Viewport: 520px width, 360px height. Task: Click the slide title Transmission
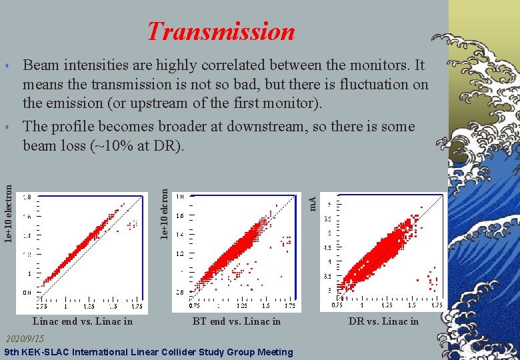221,31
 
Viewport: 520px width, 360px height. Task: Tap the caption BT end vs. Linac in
237,321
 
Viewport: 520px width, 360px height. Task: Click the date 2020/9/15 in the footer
24,339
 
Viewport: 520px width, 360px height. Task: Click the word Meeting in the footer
273,352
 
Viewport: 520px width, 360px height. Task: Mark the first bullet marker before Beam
6,66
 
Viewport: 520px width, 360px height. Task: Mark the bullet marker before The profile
6,127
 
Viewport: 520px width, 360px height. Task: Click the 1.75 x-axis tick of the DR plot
436,305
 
